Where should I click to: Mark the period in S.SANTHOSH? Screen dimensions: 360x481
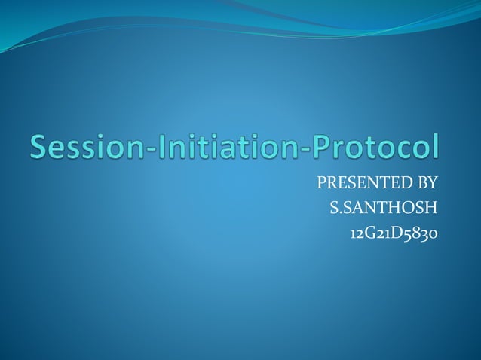[x=340, y=212]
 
